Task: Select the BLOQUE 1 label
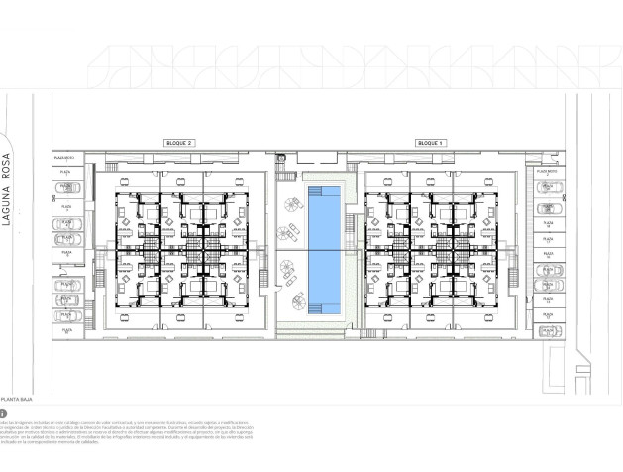click(x=430, y=143)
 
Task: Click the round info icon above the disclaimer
click(x=4, y=413)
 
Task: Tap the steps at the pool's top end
click(x=323, y=188)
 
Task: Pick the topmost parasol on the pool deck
click(x=292, y=205)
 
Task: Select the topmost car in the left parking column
click(x=66, y=185)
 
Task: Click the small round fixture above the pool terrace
click(x=281, y=158)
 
